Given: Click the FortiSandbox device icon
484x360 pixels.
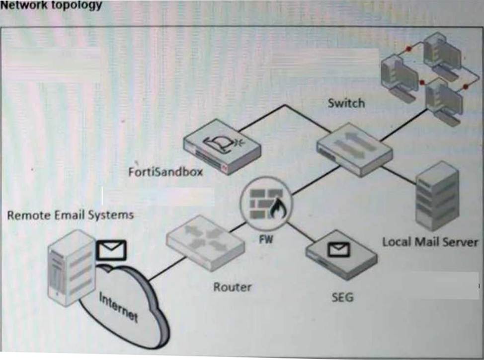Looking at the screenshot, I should point(221,147).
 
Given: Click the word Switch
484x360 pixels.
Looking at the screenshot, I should point(346,103).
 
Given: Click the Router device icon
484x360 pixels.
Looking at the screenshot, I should point(205,242).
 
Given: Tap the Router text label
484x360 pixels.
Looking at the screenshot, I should point(232,287).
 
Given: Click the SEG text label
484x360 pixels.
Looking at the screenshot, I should point(342,297).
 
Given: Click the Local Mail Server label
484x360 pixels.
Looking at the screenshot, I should point(430,242).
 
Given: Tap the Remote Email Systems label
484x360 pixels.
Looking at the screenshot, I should point(71,215).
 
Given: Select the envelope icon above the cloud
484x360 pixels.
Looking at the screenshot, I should point(111,250).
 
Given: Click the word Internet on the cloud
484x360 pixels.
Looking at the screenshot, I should point(119,306).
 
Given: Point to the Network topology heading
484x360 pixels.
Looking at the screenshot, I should point(52,5).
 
